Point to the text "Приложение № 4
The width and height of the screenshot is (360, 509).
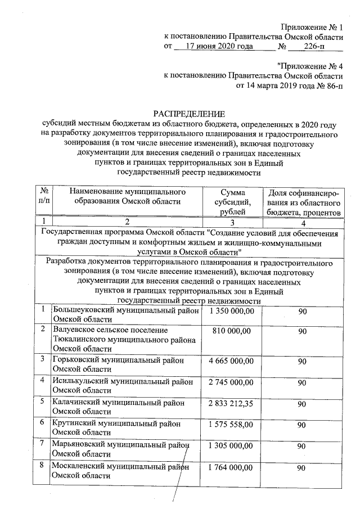click(x=310, y=66)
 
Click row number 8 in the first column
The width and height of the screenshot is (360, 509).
click(x=43, y=466)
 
